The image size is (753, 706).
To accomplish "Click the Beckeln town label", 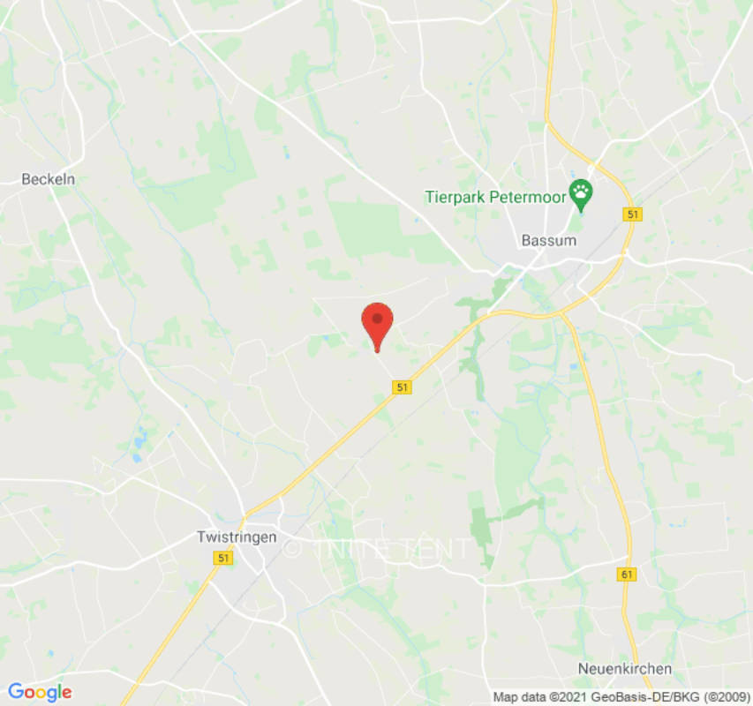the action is point(49,179).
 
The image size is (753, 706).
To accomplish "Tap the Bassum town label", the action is point(548,240).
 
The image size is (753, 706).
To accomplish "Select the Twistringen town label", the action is point(236,537).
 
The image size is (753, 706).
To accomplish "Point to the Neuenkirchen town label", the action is point(624,668).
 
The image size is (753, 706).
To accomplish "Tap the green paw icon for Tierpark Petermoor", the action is point(580,192).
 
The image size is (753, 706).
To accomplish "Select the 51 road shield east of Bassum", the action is point(632,214).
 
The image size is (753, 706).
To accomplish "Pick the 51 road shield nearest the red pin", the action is point(403,387).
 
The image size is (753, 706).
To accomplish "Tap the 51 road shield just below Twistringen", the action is point(222,558).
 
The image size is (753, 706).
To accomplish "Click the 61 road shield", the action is point(627,575).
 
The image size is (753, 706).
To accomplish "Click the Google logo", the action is point(39,692).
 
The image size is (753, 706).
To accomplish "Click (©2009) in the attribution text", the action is point(724,696).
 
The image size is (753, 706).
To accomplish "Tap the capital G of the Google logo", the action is point(15,691).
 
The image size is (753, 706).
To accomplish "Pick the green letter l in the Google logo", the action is point(58,691).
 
